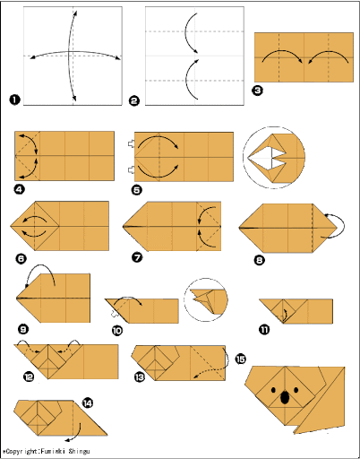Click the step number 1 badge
(x=14, y=100)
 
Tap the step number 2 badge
(x=134, y=100)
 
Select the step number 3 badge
(x=258, y=91)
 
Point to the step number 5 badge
(x=137, y=189)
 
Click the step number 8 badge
(x=259, y=260)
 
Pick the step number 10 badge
(x=117, y=331)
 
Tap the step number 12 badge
(x=29, y=377)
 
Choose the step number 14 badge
(x=88, y=403)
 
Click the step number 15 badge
(x=241, y=359)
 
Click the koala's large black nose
(x=285, y=397)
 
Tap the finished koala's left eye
(x=273, y=390)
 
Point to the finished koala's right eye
(x=296, y=390)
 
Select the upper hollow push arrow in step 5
(x=132, y=144)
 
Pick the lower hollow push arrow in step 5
(x=132, y=170)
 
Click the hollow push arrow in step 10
(x=115, y=314)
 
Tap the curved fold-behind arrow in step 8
(x=343, y=225)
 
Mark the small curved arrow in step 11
(x=285, y=315)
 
